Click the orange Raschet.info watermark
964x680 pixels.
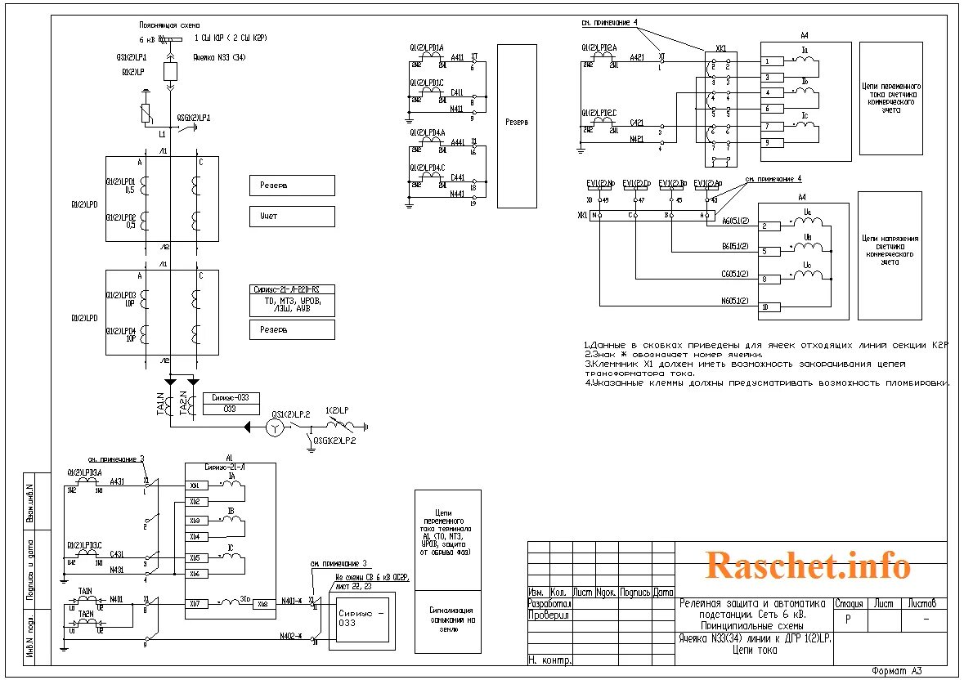(x=807, y=565)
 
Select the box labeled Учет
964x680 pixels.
(x=292, y=217)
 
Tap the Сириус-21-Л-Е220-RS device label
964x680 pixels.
(x=292, y=289)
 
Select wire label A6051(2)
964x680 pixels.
(x=736, y=221)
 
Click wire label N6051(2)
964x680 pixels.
(x=736, y=302)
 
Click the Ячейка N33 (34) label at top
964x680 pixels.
(x=218, y=57)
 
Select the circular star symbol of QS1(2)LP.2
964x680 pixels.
(x=276, y=427)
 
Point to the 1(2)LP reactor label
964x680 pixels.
(x=337, y=410)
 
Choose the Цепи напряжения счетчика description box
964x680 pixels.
(x=890, y=255)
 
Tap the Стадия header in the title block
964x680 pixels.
(x=849, y=604)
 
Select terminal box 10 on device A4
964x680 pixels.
(x=765, y=307)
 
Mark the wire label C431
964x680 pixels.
(x=116, y=554)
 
